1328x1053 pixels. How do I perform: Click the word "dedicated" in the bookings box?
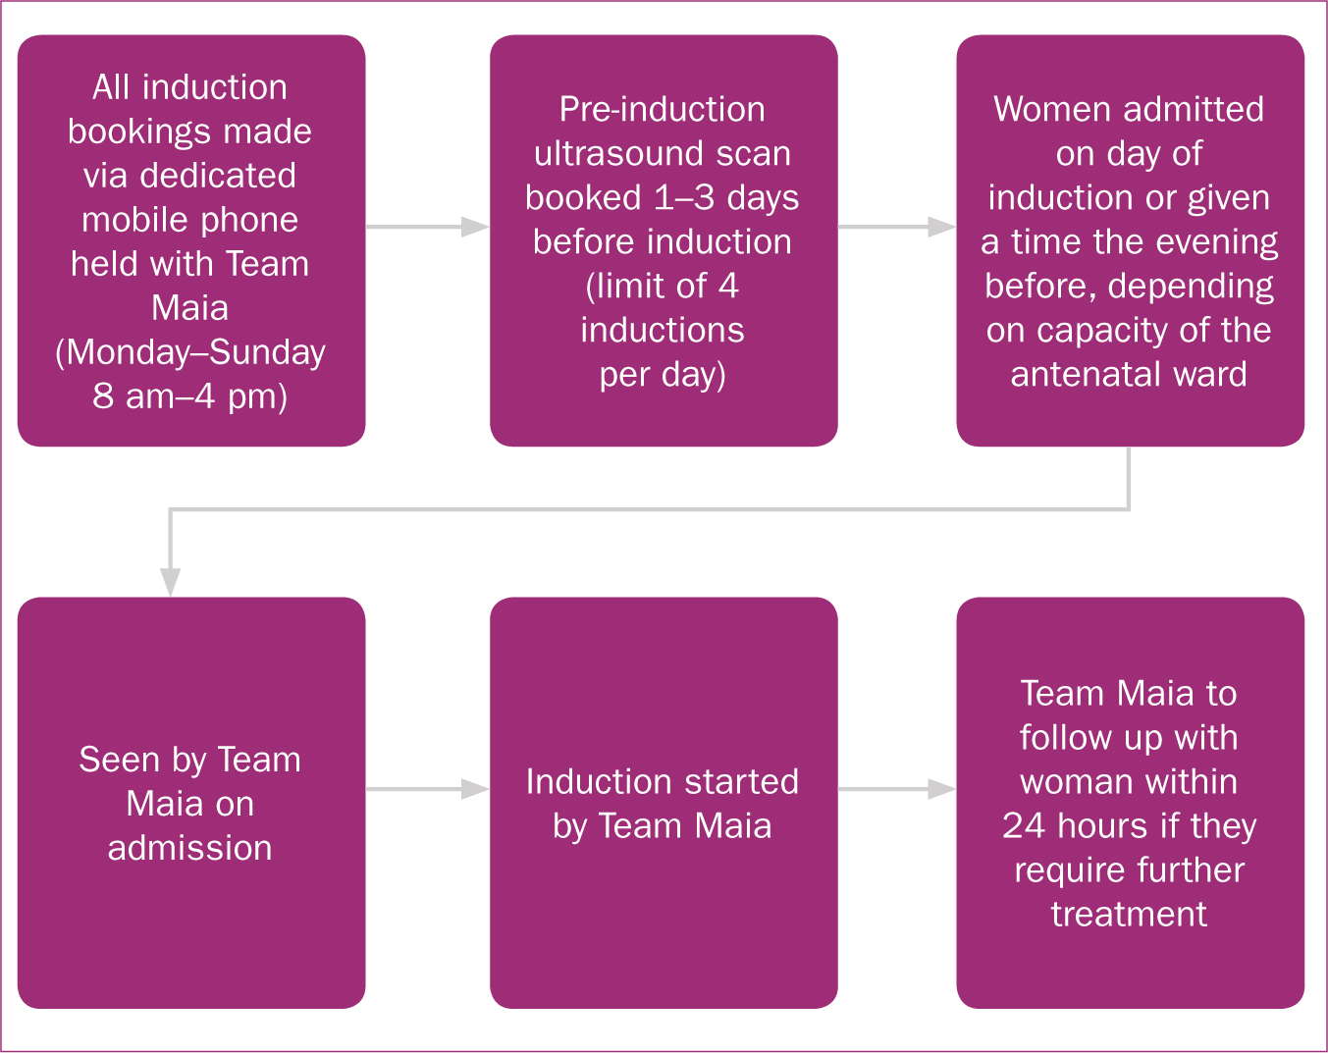pyautogui.click(x=218, y=176)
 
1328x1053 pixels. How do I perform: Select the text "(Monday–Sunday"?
pyautogui.click(x=190, y=353)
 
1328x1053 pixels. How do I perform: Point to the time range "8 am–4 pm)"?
pyautogui.click(x=190, y=396)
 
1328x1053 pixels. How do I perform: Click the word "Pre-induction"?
pyautogui.click(x=663, y=109)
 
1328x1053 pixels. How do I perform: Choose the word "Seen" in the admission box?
pyautogui.click(x=120, y=760)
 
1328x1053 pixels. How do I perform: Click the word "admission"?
pyautogui.click(x=190, y=848)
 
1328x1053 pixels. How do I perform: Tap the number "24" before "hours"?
pyautogui.click(x=1024, y=825)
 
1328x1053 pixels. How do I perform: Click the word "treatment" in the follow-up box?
pyautogui.click(x=1130, y=914)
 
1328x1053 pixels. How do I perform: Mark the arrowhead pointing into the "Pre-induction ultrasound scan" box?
pyautogui.click(x=475, y=227)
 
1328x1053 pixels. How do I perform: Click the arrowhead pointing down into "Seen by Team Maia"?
pyautogui.click(x=171, y=582)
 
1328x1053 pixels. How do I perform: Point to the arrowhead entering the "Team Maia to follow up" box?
pyautogui.click(x=942, y=789)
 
